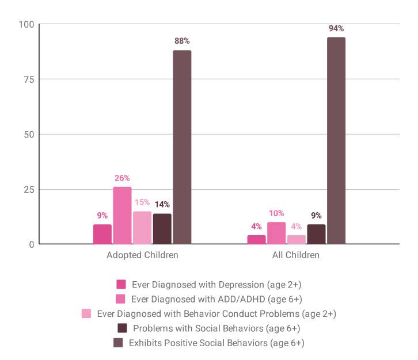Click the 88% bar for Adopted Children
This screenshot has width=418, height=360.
point(182,147)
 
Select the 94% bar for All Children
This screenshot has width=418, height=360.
point(336,141)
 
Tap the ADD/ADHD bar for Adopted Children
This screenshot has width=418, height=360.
point(122,216)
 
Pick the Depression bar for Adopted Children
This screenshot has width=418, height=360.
point(102,235)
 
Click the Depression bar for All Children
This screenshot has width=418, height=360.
point(256,240)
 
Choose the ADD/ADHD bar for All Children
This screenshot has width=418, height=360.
point(276,233)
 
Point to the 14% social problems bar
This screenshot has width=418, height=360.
point(162,229)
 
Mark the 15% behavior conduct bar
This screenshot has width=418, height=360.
point(142,228)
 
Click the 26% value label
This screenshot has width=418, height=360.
point(122,178)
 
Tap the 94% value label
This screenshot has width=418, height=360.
point(336,28)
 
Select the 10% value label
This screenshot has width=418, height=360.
point(276,213)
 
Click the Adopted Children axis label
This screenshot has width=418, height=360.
point(142,255)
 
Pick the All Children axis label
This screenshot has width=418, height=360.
point(295,255)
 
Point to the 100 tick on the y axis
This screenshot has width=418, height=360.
point(26,24)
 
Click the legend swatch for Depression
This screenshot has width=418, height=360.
point(121,284)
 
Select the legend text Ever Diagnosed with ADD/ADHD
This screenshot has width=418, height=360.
point(216,299)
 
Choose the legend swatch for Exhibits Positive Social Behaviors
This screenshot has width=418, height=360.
point(118,343)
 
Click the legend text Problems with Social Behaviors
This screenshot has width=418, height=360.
point(216,328)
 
